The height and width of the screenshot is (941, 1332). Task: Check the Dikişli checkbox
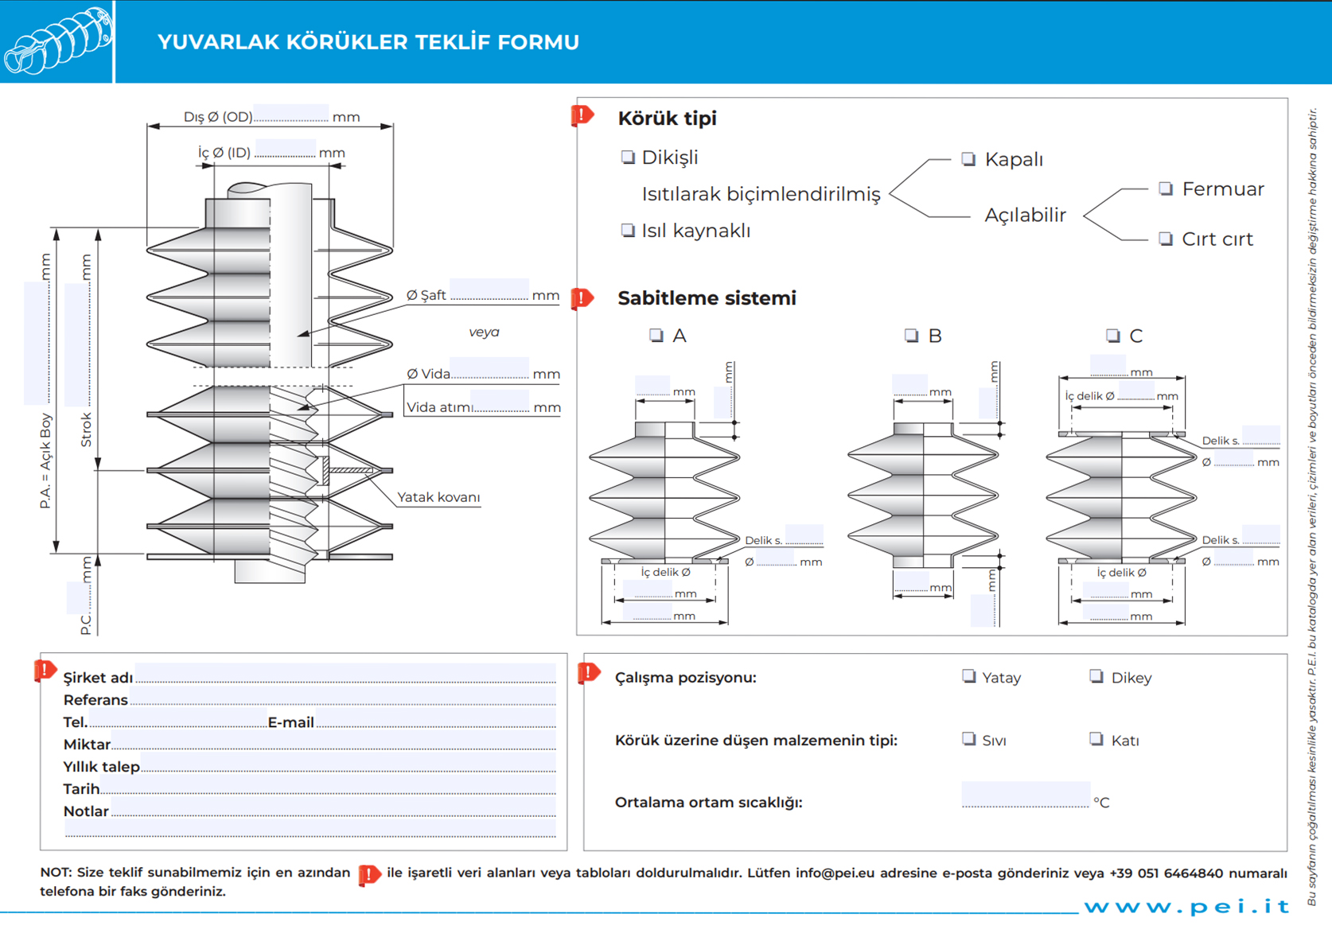point(628,157)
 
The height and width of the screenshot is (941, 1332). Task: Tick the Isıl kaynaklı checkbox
point(628,230)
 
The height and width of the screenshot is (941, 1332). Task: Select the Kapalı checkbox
point(968,158)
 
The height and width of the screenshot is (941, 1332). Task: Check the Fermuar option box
point(1166,189)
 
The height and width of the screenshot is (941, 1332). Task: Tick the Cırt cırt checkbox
point(1166,239)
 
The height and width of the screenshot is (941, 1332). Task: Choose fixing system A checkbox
point(656,335)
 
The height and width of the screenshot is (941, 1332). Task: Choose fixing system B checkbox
point(912,335)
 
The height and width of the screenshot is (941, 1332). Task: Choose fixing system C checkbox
point(1113,335)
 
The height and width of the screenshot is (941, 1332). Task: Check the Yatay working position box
point(968,676)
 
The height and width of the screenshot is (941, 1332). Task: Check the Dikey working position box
point(1096,676)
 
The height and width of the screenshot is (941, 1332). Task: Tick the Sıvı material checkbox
point(968,739)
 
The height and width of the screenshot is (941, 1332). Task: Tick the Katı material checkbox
point(1096,739)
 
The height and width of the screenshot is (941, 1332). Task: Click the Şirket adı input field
point(345,674)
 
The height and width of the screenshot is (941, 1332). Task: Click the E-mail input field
point(435,719)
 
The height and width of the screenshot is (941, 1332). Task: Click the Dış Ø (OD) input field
point(291,113)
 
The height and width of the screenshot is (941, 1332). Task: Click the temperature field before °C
point(1025,794)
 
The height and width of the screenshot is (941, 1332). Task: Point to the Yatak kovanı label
point(438,497)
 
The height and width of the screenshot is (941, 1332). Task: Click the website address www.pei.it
point(1186,906)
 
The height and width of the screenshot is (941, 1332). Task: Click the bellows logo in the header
point(57,41)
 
